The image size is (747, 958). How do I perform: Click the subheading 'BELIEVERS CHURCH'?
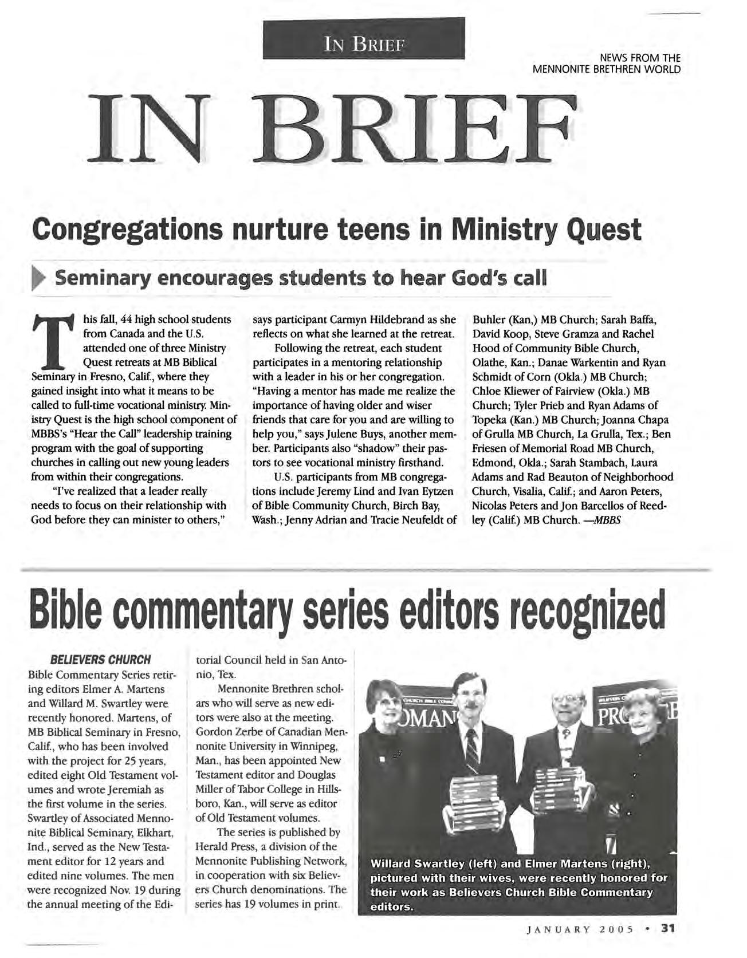coord(100,659)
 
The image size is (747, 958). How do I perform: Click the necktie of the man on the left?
coord(472,750)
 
